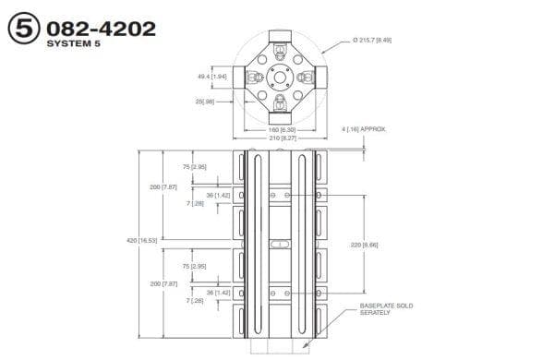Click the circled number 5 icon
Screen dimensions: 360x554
click(x=22, y=29)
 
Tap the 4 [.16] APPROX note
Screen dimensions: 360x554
click(x=389, y=129)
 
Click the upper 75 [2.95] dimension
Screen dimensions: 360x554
click(x=194, y=167)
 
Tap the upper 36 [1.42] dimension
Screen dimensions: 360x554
click(x=215, y=195)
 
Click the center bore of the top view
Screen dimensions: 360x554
click(x=280, y=77)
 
